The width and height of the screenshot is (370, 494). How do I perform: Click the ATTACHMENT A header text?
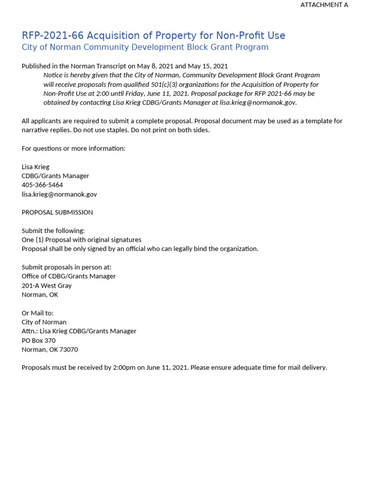[324, 5]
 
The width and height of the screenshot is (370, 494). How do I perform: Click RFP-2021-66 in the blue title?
[53, 36]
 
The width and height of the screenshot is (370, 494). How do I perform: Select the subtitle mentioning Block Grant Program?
[145, 47]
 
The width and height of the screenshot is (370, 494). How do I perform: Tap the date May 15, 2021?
[207, 66]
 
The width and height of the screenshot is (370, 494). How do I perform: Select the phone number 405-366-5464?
[42, 185]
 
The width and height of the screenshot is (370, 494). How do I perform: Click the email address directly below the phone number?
[59, 194]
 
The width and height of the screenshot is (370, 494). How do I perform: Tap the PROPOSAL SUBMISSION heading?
[57, 212]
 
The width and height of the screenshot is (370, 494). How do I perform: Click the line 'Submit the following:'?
[53, 231]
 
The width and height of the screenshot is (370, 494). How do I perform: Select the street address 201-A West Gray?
[47, 286]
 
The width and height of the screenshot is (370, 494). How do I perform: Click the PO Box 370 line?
[39, 340]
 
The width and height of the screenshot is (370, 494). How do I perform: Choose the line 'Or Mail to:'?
[38, 313]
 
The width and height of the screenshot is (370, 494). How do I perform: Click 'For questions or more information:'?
[73, 149]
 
